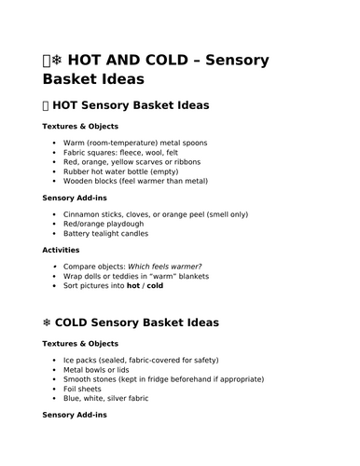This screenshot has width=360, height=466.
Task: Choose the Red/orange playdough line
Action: pyautogui.click(x=104, y=224)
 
